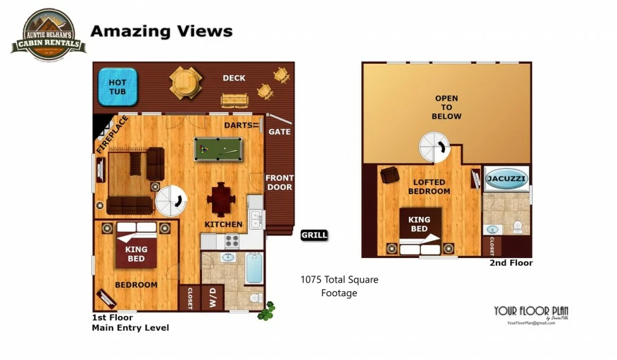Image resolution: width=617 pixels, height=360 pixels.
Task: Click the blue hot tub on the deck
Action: point(117,86)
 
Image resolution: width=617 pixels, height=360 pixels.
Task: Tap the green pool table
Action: point(217,149)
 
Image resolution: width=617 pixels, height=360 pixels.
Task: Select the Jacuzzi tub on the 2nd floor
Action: point(506,179)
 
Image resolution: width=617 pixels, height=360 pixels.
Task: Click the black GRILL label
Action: point(314,235)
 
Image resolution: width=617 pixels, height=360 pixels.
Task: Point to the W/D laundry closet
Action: point(212,297)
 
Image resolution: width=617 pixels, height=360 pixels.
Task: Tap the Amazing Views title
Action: point(162,31)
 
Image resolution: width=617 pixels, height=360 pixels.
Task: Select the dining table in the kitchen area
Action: point(222,198)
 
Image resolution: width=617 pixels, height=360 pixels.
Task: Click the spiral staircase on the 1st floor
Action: point(171,200)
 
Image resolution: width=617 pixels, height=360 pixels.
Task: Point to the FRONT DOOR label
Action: point(279,182)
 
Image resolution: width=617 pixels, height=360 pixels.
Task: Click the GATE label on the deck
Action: point(279,132)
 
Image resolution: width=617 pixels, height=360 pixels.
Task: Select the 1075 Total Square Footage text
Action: point(339,286)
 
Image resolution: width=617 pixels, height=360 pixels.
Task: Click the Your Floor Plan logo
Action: point(531,313)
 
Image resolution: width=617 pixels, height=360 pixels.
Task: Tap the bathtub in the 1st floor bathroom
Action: point(254,267)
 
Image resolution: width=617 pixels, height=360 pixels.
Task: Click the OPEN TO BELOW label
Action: point(446,107)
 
